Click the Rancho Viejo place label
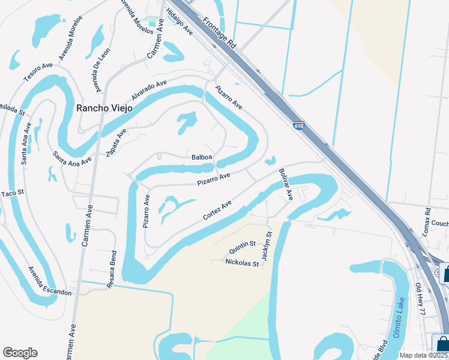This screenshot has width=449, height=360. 104,108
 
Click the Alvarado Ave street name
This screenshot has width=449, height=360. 149,91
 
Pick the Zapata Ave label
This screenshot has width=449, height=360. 116,142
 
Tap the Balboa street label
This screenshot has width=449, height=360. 202,157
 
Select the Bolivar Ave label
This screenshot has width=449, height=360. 286,184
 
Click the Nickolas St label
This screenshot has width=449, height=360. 242,263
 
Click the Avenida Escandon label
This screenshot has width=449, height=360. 49,281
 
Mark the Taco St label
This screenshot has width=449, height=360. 11,193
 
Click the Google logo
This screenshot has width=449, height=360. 20,353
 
